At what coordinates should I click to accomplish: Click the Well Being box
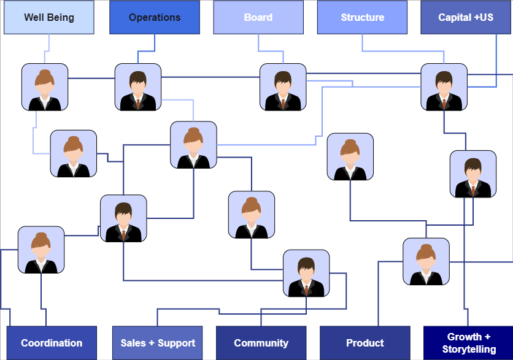click(x=49, y=17)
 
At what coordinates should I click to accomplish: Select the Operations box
click(x=155, y=17)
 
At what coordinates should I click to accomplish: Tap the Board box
click(x=258, y=17)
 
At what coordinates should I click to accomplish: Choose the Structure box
click(x=362, y=17)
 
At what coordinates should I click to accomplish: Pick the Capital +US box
click(x=466, y=17)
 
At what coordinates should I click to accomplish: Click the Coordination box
click(x=52, y=343)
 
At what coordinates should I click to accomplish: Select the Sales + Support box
click(x=158, y=343)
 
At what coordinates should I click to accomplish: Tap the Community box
click(x=261, y=343)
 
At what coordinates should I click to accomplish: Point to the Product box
click(x=364, y=343)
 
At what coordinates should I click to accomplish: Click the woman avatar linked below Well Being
click(x=45, y=87)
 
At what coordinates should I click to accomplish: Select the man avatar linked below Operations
click(x=138, y=87)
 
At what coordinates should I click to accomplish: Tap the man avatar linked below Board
click(x=283, y=87)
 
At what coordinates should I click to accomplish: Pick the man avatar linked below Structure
click(x=444, y=87)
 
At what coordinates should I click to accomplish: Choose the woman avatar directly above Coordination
click(x=41, y=250)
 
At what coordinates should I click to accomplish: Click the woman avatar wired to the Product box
click(x=426, y=261)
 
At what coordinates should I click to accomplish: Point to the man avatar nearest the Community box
click(x=306, y=273)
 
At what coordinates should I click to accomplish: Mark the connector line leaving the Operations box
click(x=155, y=43)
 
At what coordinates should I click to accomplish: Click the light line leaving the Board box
click(x=258, y=43)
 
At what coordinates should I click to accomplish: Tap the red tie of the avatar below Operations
click(x=138, y=102)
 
